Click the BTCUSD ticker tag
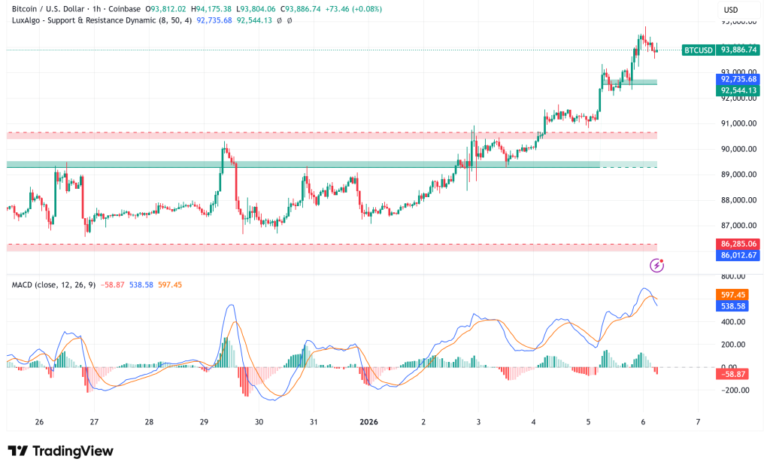click(698, 50)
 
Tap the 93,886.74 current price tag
click(738, 50)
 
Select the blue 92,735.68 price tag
click(738, 78)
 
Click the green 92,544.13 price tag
click(738, 90)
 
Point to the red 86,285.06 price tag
click(738, 244)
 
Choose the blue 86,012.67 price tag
click(738, 256)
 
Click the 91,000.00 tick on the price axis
click(738, 123)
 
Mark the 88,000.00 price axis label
click(738, 200)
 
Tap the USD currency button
click(730, 10)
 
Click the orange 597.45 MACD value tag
click(734, 296)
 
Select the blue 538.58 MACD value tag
click(734, 307)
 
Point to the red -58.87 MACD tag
click(734, 374)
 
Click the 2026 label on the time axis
click(368, 422)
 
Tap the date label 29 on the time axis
click(204, 422)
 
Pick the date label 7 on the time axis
click(698, 422)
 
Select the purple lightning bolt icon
click(656, 265)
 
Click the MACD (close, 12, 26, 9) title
click(53, 284)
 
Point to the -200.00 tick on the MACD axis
click(734, 390)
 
